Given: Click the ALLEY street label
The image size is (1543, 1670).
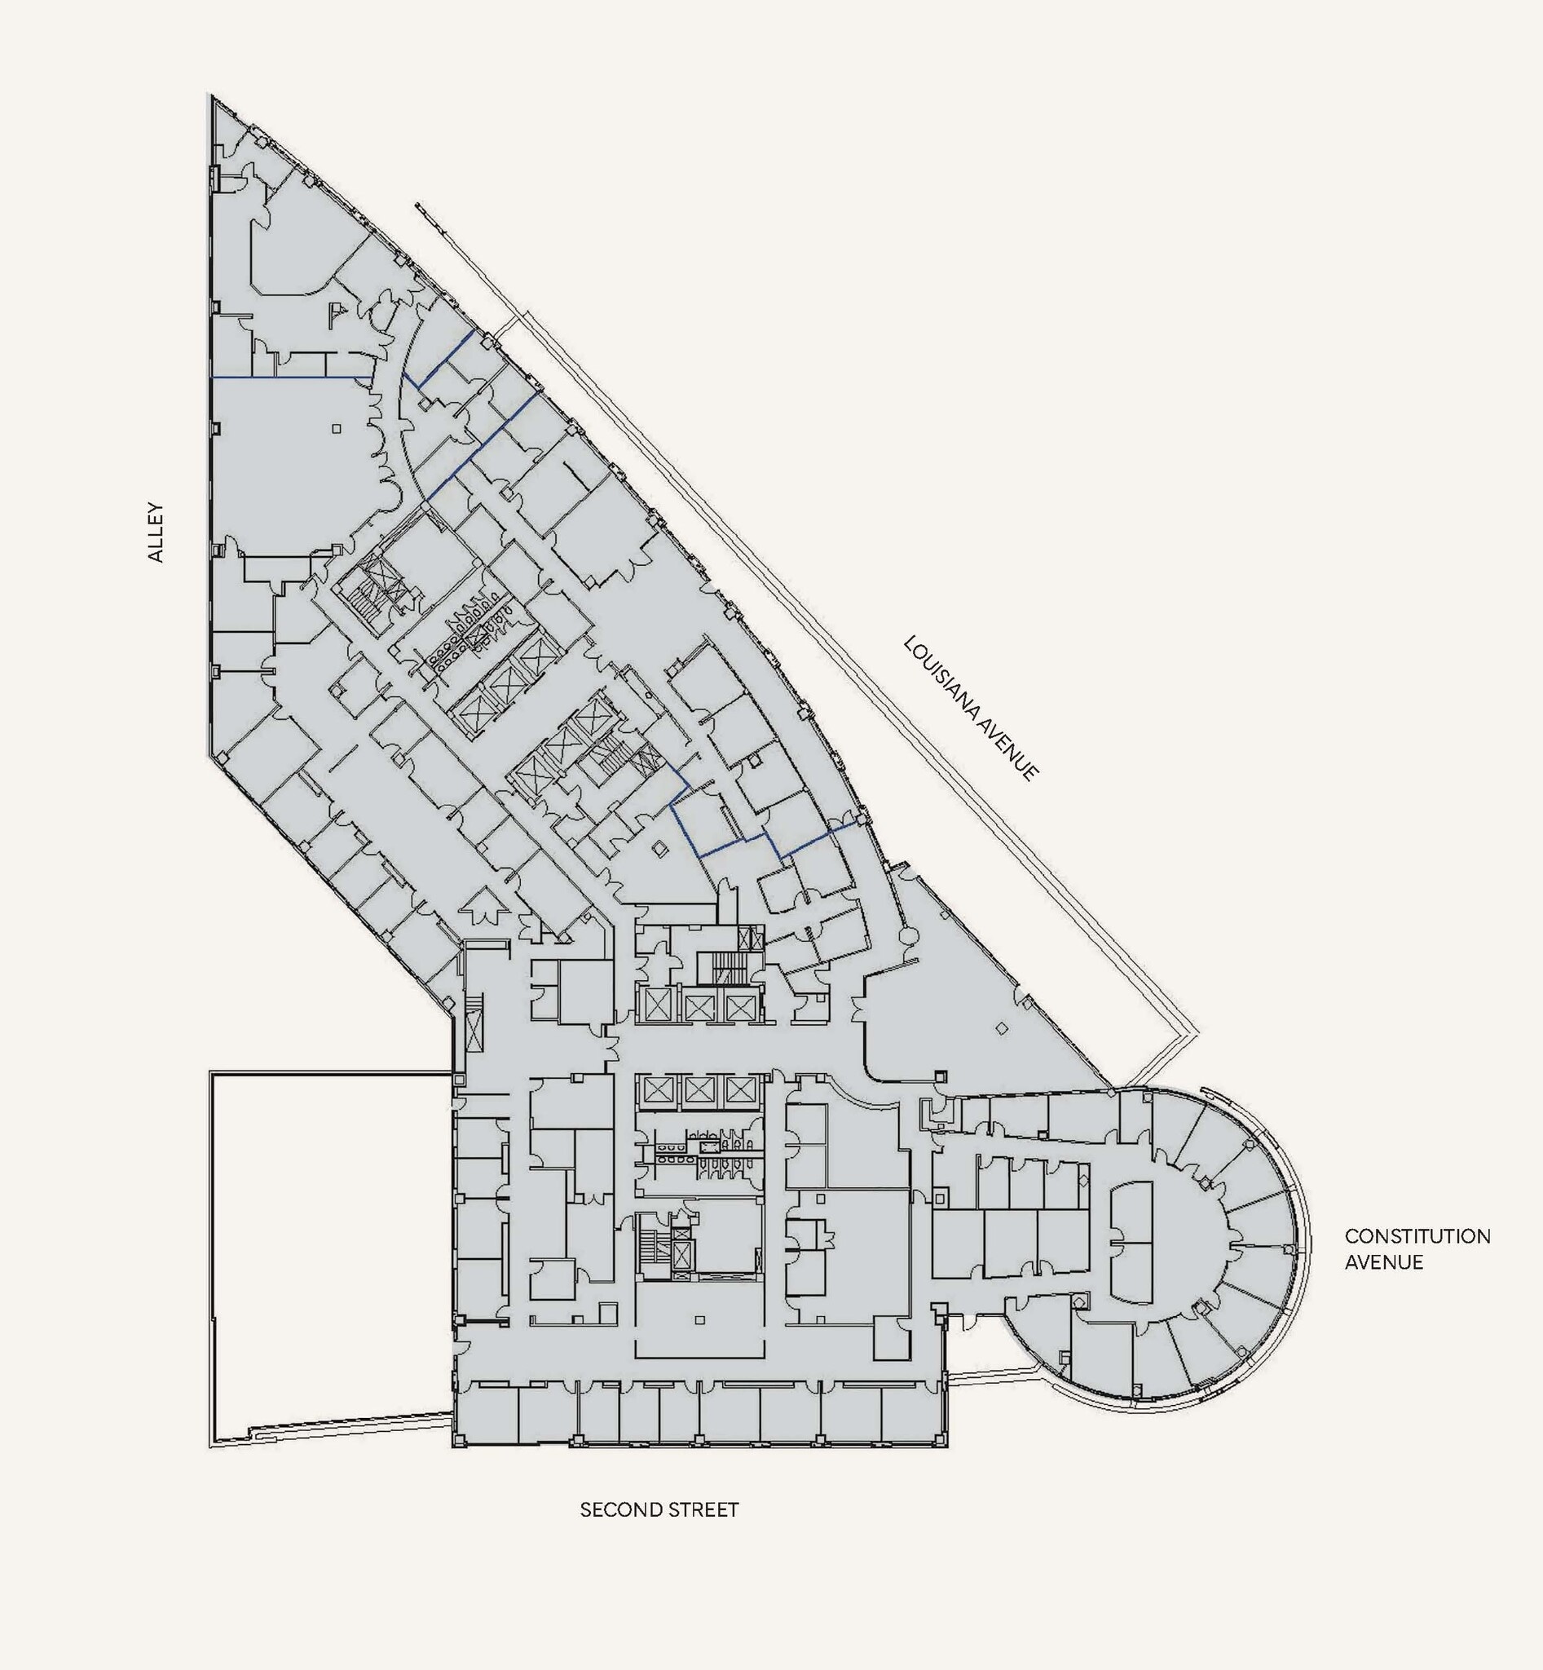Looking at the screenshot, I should pos(157,532).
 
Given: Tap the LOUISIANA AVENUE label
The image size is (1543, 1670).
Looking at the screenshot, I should pos(972,709).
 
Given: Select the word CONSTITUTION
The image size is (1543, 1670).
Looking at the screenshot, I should pos(1417,1235).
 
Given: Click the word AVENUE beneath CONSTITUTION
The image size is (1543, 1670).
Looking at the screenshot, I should pos(1382,1261).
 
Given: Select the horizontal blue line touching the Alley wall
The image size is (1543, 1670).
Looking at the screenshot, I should pos(290,378).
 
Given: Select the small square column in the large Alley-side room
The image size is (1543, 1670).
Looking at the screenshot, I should pos(336,429).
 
